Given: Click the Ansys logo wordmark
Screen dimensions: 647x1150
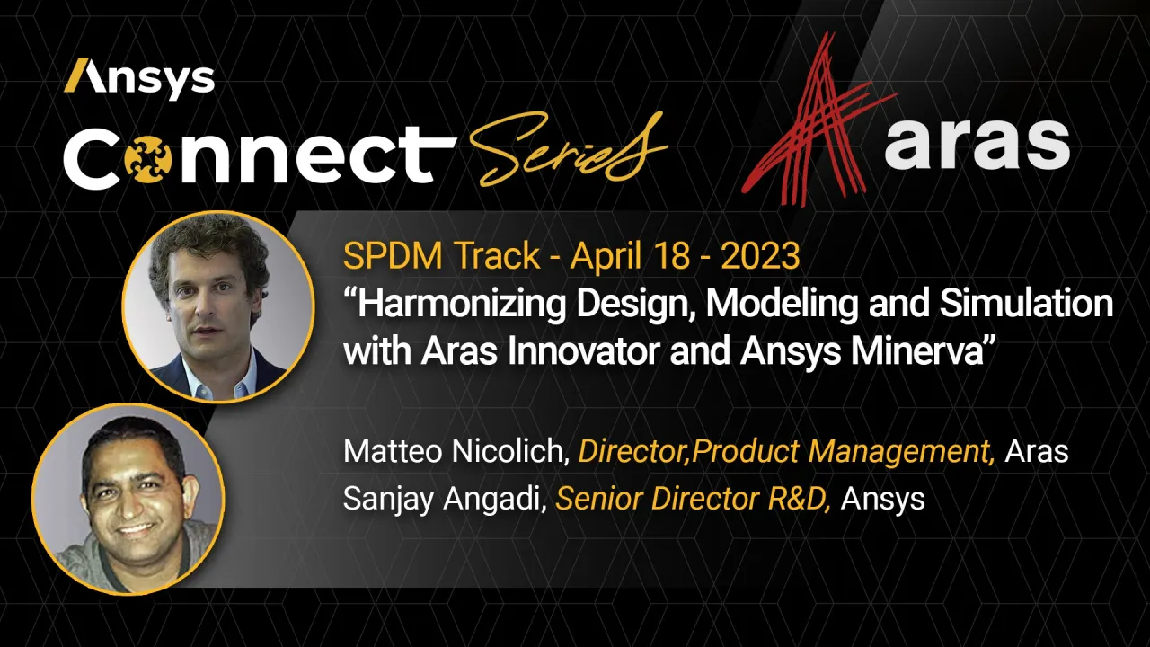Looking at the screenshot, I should [139, 78].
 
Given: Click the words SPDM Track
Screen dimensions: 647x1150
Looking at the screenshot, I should [441, 257].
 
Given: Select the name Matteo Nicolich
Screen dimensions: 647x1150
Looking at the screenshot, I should [456, 451].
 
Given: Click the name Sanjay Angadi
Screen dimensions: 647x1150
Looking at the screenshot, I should [445, 498].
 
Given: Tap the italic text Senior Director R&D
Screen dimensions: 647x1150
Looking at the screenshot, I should [693, 498].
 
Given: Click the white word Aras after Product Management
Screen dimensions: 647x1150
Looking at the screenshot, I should [1036, 451].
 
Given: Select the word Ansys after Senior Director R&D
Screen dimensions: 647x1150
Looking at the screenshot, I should [882, 498].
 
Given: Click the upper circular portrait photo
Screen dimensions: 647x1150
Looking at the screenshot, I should [217, 306].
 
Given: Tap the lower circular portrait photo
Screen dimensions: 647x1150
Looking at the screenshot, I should [128, 499].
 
